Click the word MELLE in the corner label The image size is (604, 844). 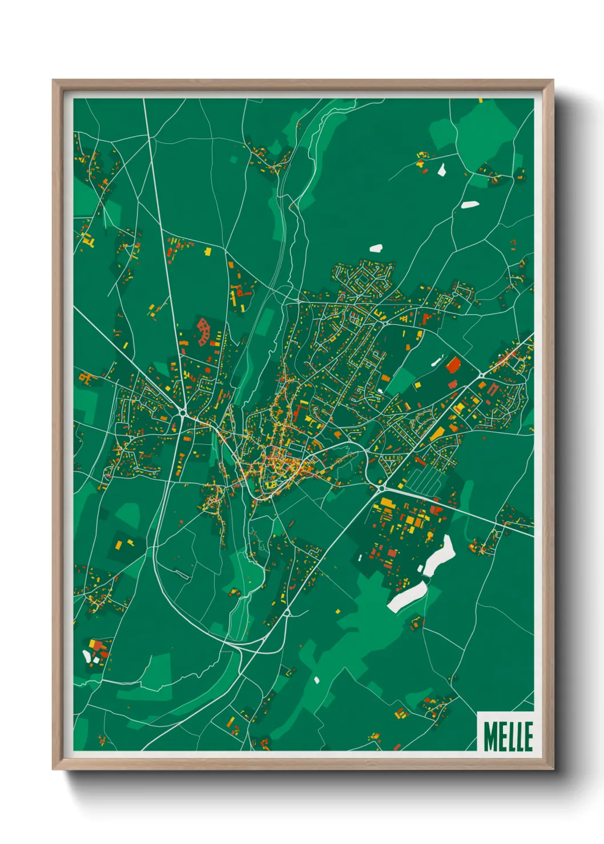click(508, 736)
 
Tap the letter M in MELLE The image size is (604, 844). click(490, 736)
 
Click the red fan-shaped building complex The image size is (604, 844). click(203, 332)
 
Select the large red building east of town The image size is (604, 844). click(453, 364)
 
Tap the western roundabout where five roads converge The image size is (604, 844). click(182, 412)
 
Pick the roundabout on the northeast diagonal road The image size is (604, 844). click(481, 376)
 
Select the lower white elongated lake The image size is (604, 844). click(406, 597)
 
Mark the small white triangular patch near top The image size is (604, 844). click(441, 169)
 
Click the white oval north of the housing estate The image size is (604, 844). click(376, 248)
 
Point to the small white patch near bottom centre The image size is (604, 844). click(316, 680)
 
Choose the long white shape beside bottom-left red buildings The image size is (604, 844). click(87, 656)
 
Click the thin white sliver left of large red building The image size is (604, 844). click(437, 360)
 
